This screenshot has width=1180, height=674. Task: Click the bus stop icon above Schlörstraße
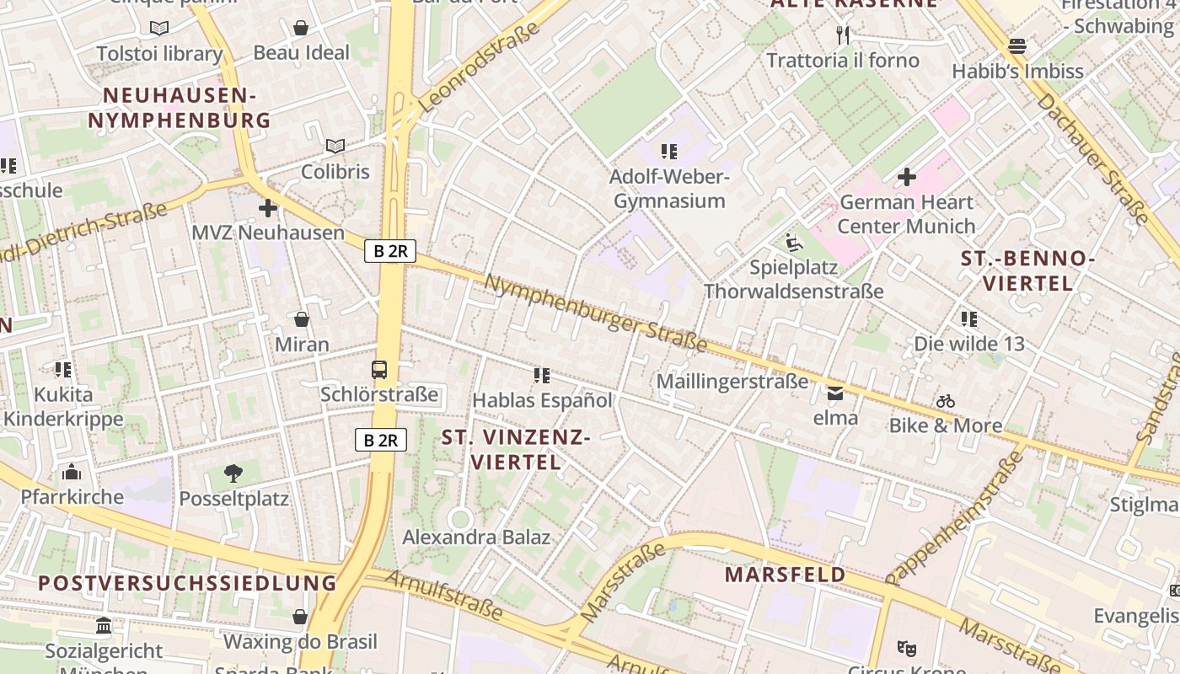point(379,369)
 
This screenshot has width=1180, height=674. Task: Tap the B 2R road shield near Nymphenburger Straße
point(390,250)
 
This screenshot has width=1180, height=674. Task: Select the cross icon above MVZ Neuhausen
point(268,207)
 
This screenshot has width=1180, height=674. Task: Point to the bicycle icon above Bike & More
point(946,401)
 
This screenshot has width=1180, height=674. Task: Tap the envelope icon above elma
point(835,393)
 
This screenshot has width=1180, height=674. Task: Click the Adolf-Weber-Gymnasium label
point(669,189)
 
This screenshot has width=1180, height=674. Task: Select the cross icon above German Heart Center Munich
point(907,177)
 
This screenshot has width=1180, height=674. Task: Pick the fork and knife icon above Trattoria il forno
point(842,35)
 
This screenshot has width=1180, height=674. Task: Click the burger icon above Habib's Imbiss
point(1017,45)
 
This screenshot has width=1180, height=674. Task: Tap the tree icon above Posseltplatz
point(233,473)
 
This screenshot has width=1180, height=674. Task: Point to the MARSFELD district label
point(786,575)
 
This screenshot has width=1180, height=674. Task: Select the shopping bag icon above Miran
point(302,319)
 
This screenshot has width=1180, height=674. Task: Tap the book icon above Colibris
point(335,146)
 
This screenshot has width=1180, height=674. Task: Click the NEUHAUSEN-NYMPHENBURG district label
point(180,108)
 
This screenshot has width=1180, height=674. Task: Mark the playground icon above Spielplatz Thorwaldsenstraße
point(793,243)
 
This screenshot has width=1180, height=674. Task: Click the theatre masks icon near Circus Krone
point(907,648)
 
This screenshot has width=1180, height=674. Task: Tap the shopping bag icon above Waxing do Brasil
point(300,617)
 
